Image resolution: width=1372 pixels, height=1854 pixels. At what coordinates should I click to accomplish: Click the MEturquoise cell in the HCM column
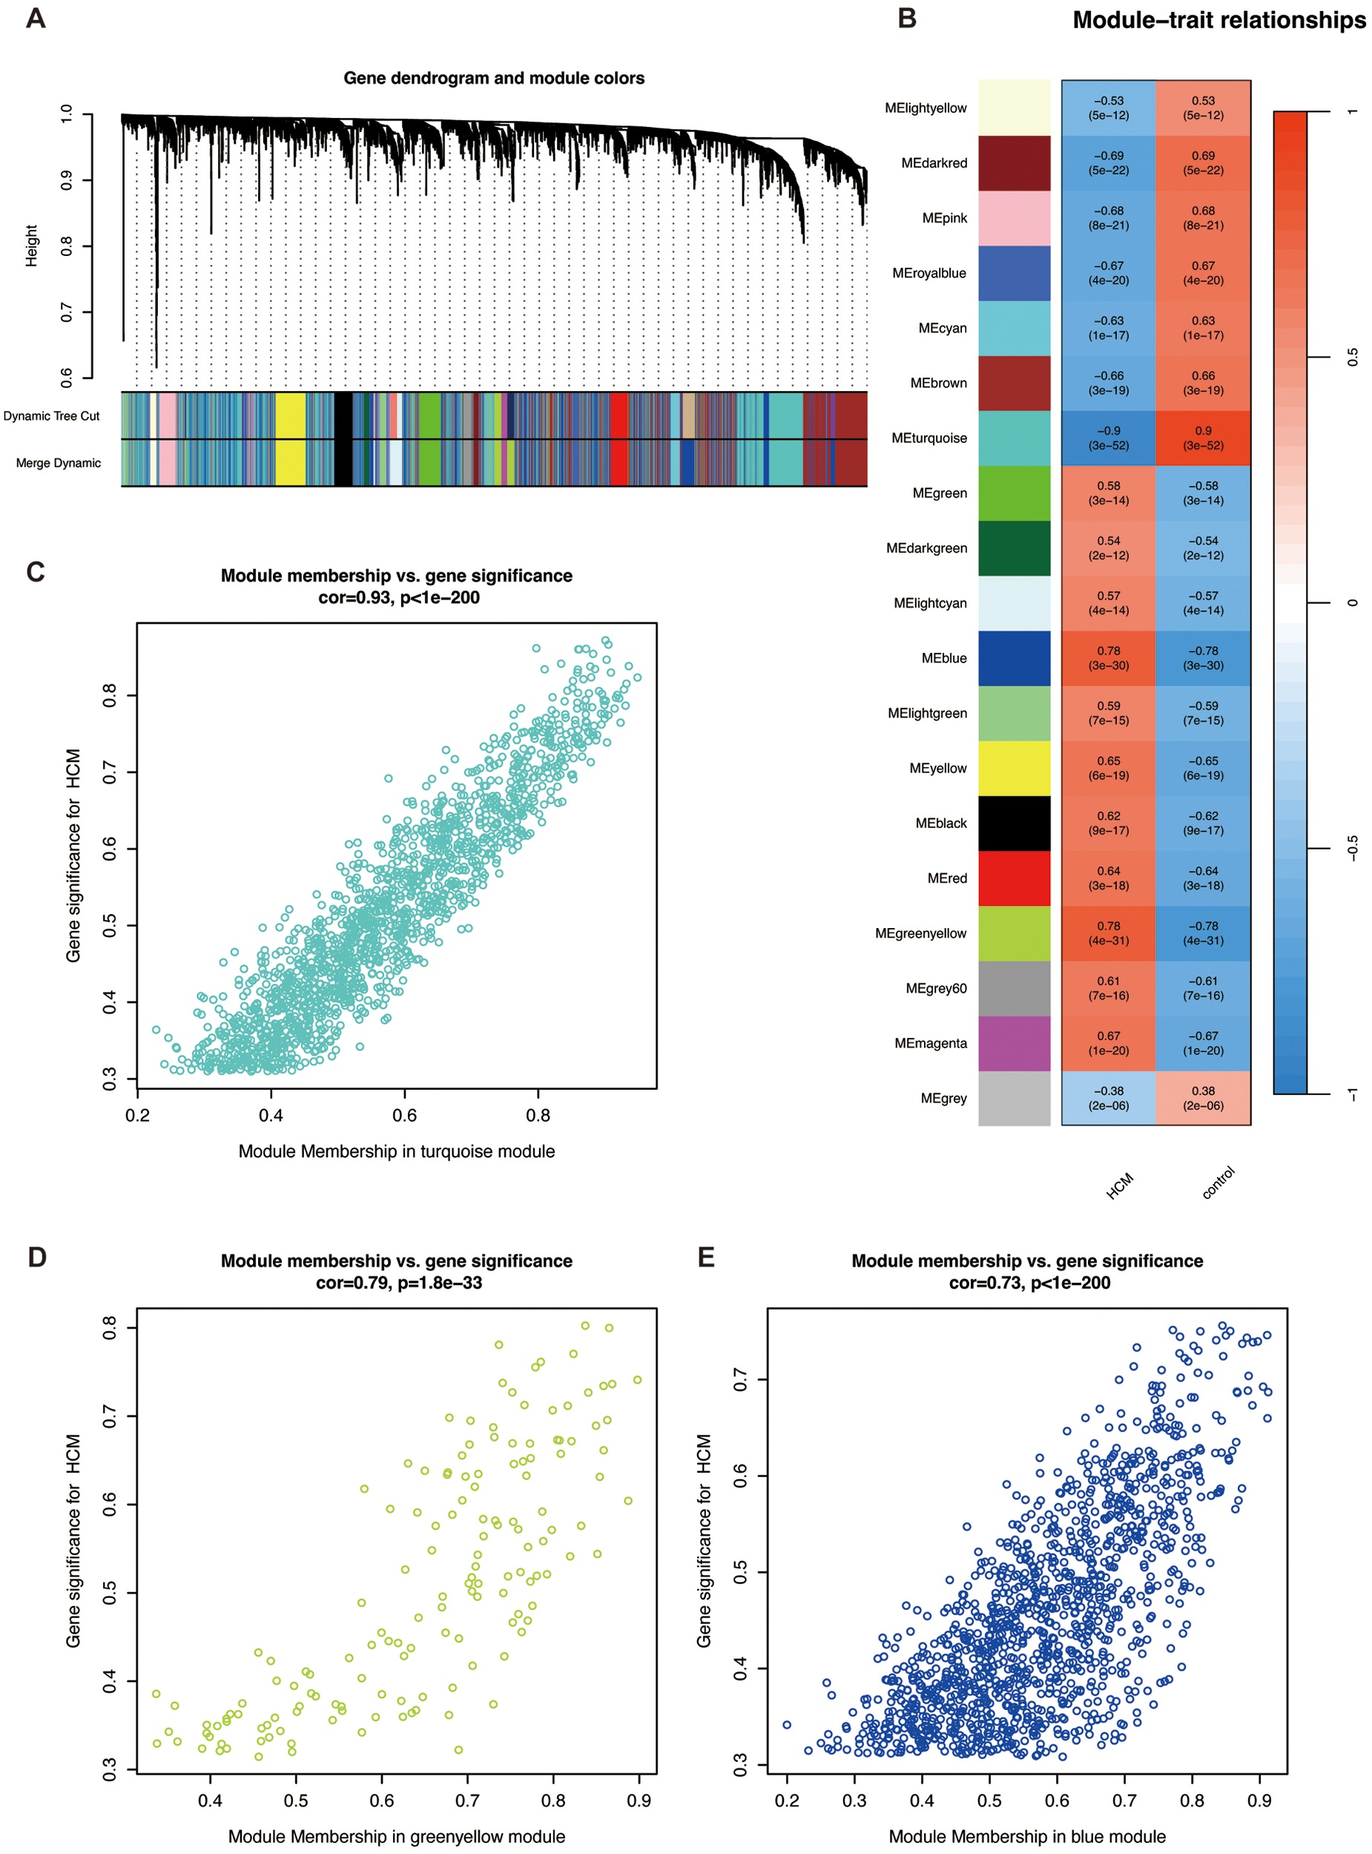(1108, 438)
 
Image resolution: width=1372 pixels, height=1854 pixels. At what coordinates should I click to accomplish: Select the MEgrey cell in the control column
(1203, 1097)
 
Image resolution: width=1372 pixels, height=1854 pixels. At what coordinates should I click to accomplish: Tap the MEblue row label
(943, 658)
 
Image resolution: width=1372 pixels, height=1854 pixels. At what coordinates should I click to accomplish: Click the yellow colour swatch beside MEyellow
(1014, 768)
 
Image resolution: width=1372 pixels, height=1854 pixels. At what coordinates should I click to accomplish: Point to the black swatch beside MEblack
(1014, 824)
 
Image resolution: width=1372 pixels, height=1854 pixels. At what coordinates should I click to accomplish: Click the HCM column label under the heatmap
(1120, 1186)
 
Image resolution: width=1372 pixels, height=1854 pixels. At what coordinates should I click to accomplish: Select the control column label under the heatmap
(1218, 1182)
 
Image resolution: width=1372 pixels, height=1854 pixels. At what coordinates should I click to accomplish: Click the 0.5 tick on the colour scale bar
(1352, 357)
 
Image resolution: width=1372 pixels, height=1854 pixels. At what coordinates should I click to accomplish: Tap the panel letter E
(706, 1257)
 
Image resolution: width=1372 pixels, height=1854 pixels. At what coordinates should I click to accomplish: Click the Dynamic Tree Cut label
(51, 416)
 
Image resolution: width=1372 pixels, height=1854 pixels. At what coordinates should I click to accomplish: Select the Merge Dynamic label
(58, 463)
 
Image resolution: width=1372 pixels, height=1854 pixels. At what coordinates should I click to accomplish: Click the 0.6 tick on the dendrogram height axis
(67, 378)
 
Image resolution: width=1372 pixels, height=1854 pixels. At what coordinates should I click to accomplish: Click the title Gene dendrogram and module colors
(493, 78)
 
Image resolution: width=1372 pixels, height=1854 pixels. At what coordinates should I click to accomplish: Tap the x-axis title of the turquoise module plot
(396, 1151)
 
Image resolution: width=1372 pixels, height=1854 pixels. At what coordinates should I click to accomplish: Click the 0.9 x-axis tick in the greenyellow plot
(639, 1800)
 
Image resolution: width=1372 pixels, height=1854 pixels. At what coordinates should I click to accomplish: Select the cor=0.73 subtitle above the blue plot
(1029, 1283)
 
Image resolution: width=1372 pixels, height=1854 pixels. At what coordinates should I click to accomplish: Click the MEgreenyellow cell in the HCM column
(1108, 933)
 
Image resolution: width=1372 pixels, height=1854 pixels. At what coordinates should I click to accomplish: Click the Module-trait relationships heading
(1218, 20)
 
